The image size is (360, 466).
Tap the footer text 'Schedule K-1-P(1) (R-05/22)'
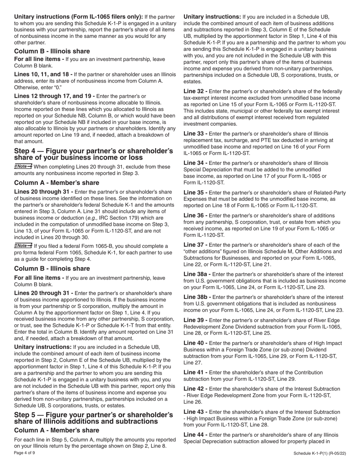point(319,454)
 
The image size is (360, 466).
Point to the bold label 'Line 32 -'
point(195,92)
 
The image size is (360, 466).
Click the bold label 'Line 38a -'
point(197,274)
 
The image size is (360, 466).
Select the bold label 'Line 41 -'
point(195,372)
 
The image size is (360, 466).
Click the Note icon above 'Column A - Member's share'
point(23,166)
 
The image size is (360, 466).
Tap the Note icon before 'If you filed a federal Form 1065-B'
point(23,246)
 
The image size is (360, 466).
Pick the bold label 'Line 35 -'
point(195,193)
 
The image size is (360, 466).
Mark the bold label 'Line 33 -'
point(195,134)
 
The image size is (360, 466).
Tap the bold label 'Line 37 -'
point(195,245)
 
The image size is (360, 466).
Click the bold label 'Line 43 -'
point(195,412)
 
